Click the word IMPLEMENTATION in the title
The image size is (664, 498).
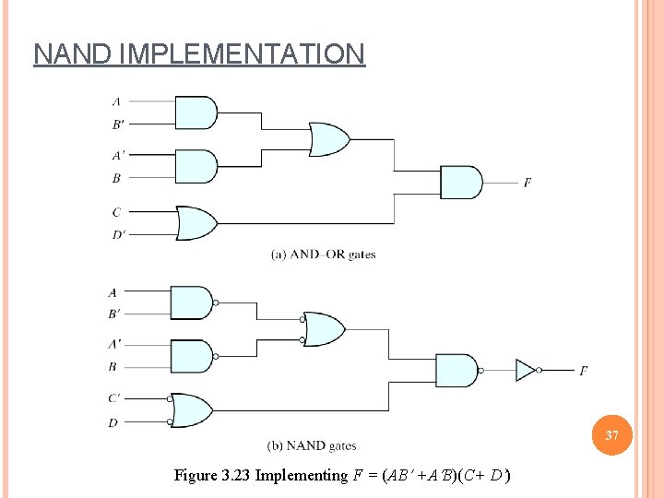point(242,53)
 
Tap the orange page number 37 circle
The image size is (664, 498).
point(611,434)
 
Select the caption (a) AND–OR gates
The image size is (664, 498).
point(323,255)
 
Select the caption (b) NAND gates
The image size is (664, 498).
point(312,446)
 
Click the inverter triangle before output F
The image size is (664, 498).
point(525,370)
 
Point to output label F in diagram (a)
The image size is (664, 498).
point(528,183)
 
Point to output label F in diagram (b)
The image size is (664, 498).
point(583,371)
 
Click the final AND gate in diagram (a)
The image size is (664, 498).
point(460,183)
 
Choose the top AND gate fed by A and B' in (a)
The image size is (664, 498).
point(195,113)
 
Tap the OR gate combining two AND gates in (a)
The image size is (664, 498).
point(328,139)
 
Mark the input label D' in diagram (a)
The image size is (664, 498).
point(118,234)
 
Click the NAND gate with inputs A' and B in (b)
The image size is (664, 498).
point(193,357)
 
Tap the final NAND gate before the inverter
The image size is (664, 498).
point(456,371)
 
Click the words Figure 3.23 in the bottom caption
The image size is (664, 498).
point(212,476)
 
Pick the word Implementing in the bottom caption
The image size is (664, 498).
point(302,476)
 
